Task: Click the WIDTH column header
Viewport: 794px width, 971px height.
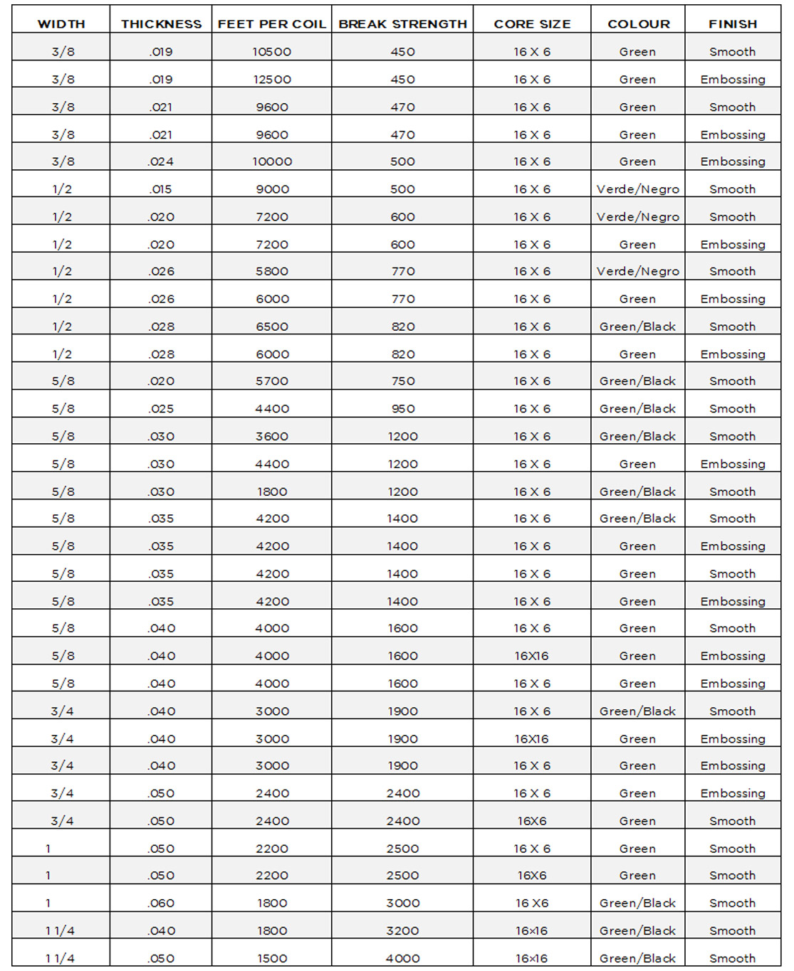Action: [x=61, y=24]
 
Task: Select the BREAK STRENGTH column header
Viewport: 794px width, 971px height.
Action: [x=402, y=24]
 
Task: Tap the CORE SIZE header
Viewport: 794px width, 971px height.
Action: [x=532, y=24]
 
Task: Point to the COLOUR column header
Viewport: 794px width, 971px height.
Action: [x=638, y=24]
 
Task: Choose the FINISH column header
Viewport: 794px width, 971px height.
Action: [x=732, y=24]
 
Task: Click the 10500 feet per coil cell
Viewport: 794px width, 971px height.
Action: [x=272, y=52]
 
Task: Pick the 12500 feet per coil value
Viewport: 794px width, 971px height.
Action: [x=272, y=80]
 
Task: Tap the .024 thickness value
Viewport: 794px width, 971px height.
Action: [x=162, y=161]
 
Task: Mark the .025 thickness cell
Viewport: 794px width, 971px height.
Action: [x=162, y=409]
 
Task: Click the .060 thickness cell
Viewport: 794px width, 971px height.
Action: [x=162, y=903]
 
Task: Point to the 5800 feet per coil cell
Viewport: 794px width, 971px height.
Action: [x=272, y=272]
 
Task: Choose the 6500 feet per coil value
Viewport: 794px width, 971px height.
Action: [x=272, y=327]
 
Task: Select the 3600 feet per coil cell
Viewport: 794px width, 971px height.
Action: [x=272, y=437]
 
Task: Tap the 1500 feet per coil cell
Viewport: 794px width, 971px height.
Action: [x=272, y=958]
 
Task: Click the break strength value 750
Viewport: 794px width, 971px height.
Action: [x=402, y=381]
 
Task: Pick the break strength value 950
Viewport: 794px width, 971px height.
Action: [x=402, y=409]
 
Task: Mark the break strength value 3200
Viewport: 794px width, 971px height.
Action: [x=402, y=930]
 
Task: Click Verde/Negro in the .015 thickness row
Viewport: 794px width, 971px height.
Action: [x=638, y=189]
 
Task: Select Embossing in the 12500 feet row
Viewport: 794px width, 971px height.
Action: [x=732, y=80]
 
